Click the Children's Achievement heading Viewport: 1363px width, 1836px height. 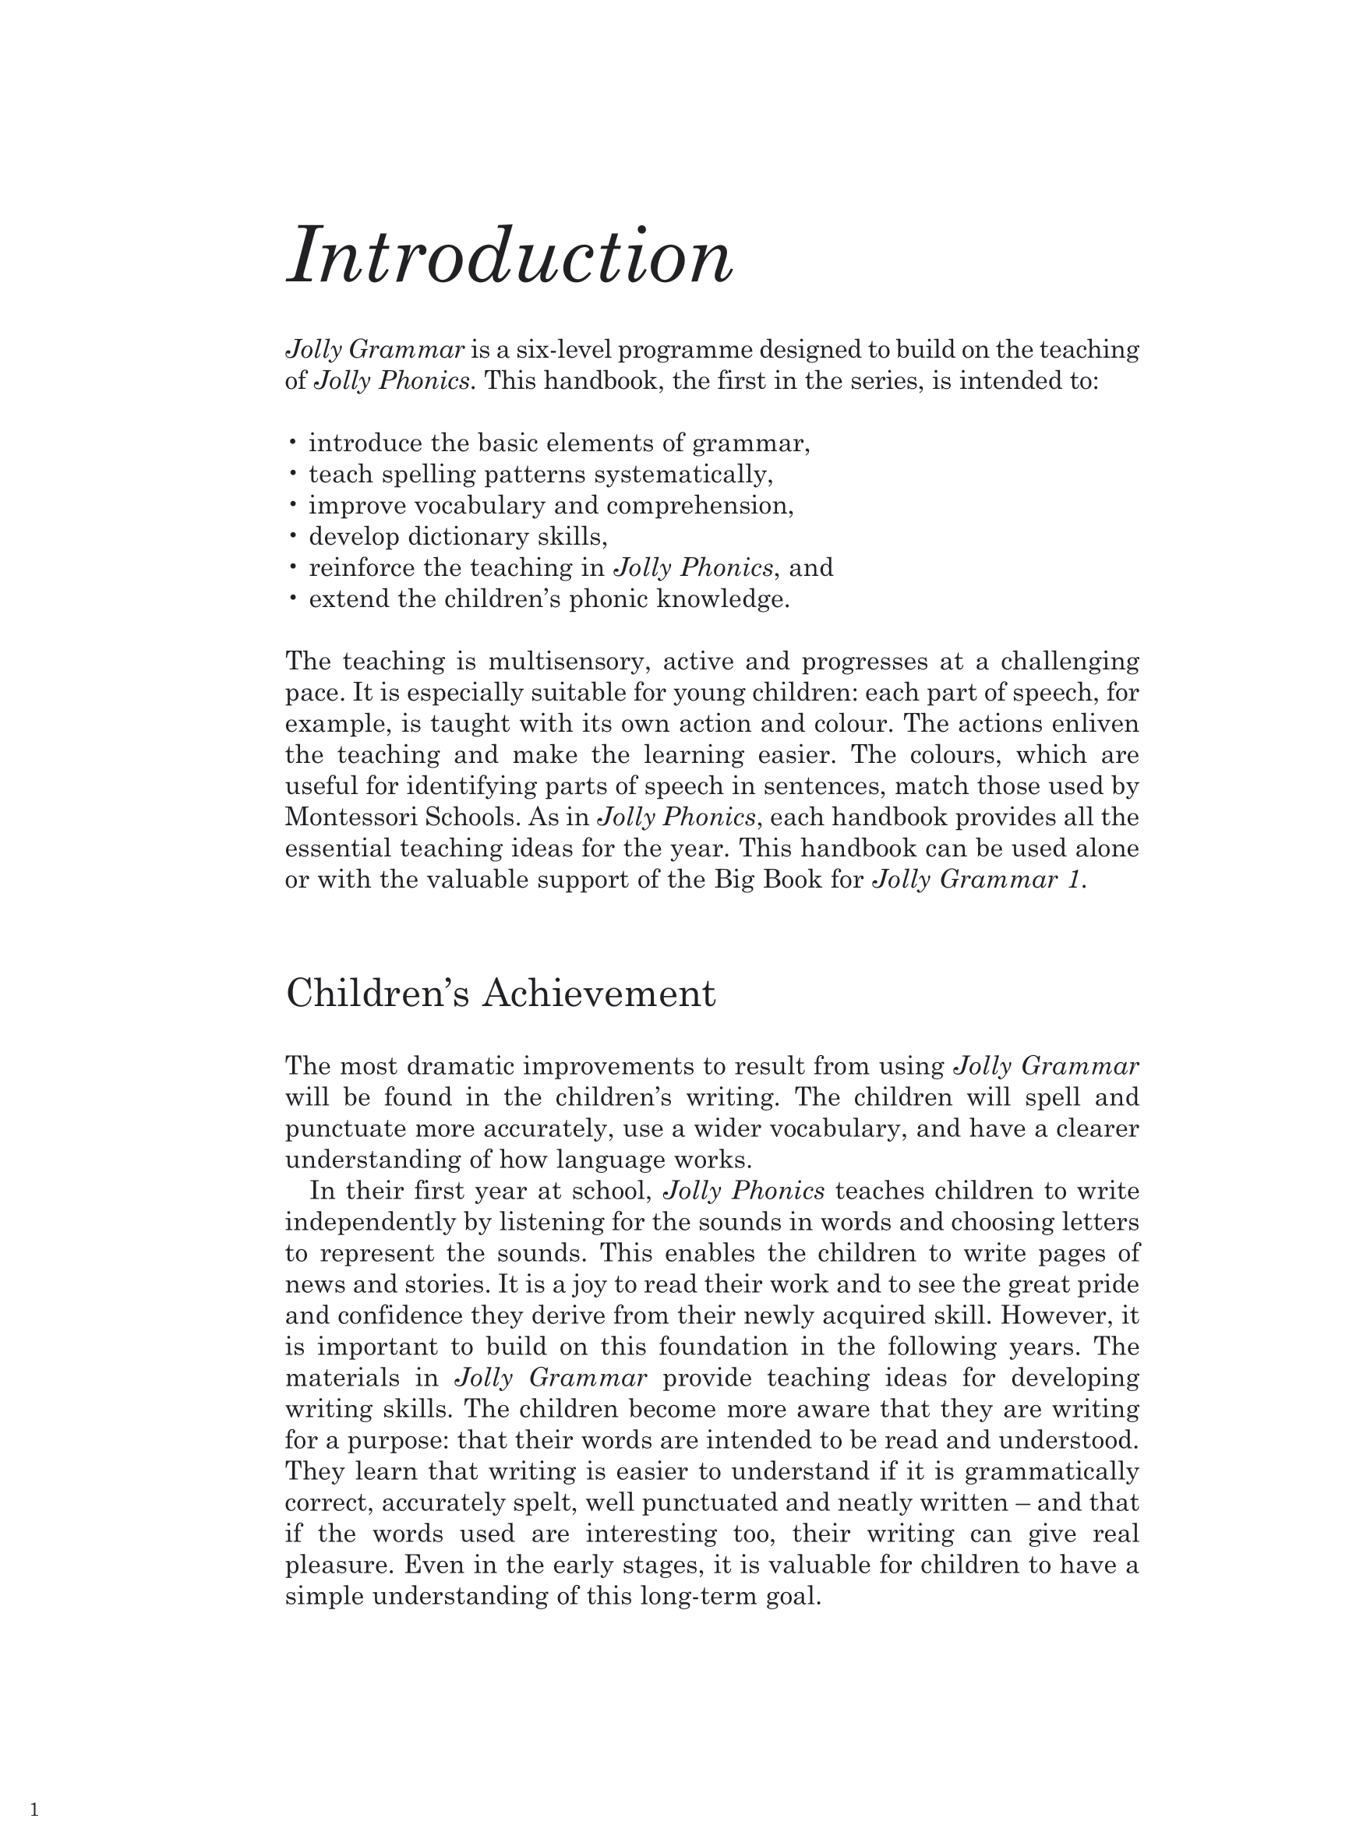(500, 992)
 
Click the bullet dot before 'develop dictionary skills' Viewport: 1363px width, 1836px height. (292, 536)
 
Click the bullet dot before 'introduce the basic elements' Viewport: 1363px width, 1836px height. (292, 443)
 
